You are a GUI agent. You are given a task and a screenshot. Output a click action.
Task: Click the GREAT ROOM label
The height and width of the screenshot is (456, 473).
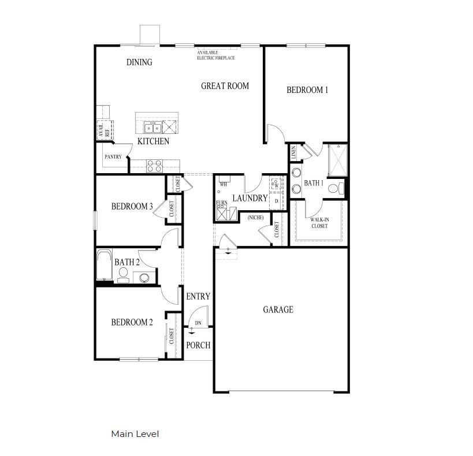point(225,86)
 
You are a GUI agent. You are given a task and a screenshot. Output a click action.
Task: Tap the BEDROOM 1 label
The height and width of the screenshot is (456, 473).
point(307,90)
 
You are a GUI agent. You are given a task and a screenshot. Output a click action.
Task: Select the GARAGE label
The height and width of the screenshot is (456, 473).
point(278,310)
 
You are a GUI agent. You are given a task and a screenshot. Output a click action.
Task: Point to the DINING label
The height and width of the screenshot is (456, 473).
point(139,62)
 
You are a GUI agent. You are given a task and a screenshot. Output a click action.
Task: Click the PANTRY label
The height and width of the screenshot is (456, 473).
point(112,157)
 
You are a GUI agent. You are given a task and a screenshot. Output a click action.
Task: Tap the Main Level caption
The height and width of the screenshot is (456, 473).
point(135,434)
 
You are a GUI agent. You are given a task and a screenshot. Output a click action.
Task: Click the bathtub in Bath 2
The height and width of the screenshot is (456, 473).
point(105,266)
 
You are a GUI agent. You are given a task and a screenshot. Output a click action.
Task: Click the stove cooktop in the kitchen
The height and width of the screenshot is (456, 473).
point(154,166)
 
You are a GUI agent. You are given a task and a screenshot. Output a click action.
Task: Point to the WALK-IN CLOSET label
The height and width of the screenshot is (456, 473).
point(319,223)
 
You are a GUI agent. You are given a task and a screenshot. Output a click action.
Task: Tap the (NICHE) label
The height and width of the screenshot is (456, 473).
point(255,218)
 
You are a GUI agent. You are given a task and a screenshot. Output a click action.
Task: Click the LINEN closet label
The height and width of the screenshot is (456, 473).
point(294,153)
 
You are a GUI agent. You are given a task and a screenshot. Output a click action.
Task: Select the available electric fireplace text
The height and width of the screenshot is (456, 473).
point(215,55)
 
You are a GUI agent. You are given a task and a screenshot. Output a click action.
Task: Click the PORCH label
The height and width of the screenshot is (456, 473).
point(198,345)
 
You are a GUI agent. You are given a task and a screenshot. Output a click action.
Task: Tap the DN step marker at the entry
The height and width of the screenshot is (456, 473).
point(198,323)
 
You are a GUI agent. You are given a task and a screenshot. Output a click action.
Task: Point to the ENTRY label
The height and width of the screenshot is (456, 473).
point(198,297)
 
